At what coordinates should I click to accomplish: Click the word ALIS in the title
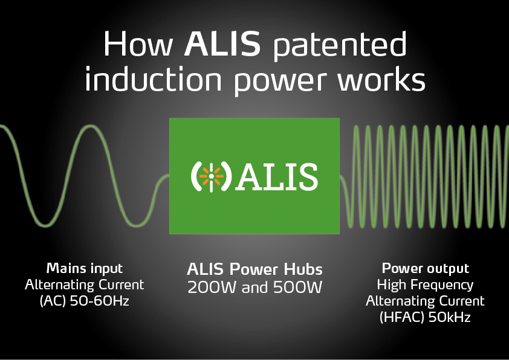point(222,43)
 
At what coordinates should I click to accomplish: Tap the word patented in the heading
point(340,46)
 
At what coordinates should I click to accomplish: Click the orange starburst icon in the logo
point(212,176)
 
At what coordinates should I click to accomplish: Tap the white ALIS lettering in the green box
point(277,176)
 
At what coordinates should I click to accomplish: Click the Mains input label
point(85,269)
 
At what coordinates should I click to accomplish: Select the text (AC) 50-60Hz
point(85,301)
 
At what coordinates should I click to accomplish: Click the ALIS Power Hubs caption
point(255,269)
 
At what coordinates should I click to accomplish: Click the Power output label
point(425,269)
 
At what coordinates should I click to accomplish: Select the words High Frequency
point(425,284)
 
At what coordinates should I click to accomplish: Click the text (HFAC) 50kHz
point(425,317)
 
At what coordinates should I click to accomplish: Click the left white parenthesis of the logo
point(195,176)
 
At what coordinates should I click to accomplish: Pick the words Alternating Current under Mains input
point(85,284)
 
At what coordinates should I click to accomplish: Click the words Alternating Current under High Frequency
point(425,301)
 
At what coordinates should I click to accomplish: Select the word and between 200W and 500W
point(254,287)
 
